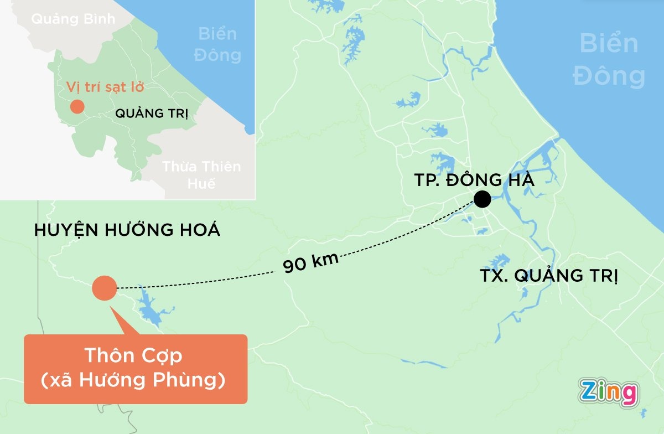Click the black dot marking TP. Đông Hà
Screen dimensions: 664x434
[482, 199]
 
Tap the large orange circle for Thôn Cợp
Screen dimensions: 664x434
[104, 288]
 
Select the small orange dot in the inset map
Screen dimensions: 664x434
[77, 106]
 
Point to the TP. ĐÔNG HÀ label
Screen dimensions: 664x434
[474, 180]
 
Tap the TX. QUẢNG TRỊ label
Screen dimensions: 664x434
[548, 275]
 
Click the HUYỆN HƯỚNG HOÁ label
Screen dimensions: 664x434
[127, 230]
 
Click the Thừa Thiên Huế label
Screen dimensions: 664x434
[201, 174]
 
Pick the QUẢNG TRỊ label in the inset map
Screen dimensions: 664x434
[151, 114]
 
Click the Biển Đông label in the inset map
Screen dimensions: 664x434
[220, 44]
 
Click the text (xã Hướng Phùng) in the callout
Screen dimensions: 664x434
[134, 381]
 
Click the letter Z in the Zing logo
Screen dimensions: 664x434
[589, 392]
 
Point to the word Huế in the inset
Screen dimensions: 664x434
[201, 184]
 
